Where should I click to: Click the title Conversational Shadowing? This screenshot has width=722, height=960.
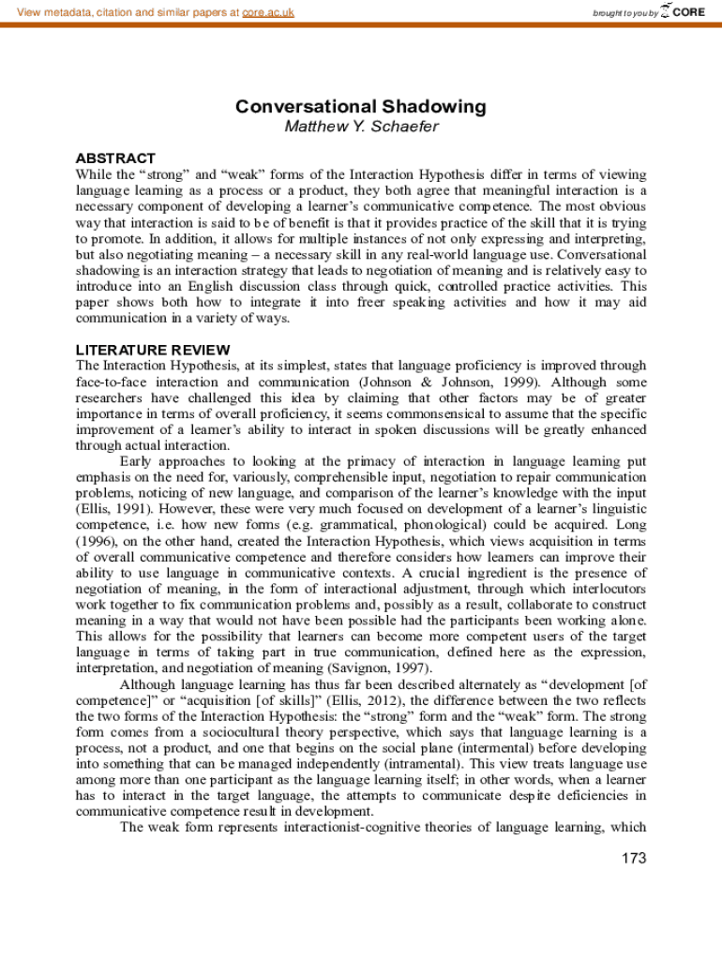coord(360,107)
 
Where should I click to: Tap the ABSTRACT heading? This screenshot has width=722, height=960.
coord(115,158)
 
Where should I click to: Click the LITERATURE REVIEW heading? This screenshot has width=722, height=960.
coord(140,350)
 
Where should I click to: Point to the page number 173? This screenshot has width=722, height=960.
coord(634,858)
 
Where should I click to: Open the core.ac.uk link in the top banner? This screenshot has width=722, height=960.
coord(268,12)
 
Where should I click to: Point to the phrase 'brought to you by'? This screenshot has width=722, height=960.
coord(625,13)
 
